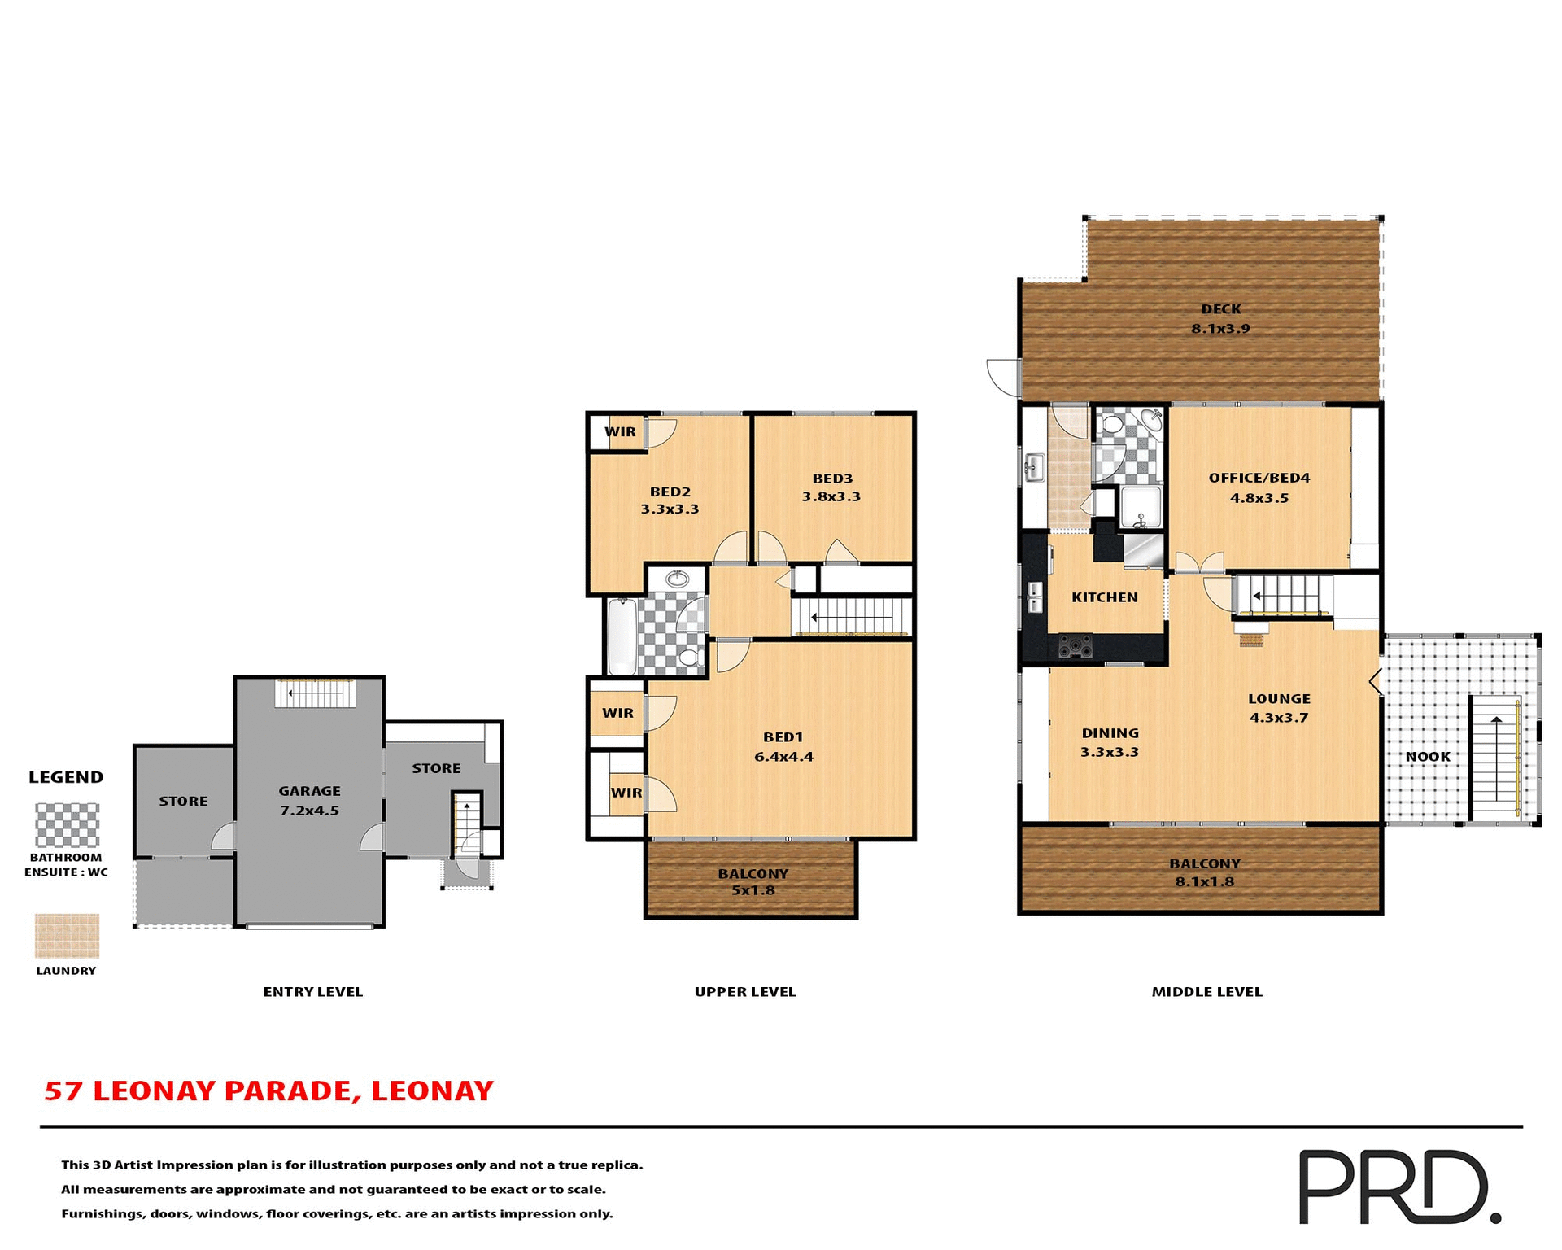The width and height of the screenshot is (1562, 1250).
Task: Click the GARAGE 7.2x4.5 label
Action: [309, 800]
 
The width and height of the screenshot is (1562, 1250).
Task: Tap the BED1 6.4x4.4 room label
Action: [783, 746]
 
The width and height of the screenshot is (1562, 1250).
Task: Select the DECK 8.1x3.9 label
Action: [1220, 318]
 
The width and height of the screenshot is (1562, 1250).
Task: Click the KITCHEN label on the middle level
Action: [1104, 597]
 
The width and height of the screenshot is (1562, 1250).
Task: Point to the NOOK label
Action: [1428, 757]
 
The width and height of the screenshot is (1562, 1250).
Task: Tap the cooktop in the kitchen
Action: [1075, 647]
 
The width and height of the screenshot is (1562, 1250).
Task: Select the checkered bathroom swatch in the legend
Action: [67, 825]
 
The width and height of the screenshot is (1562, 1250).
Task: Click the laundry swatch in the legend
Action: [67, 935]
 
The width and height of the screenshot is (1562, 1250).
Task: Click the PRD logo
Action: [1398, 1186]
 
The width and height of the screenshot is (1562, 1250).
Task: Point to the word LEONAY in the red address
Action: [432, 1090]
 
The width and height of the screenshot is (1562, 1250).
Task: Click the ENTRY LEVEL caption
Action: [312, 991]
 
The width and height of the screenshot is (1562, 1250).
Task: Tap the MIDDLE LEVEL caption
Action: [1206, 991]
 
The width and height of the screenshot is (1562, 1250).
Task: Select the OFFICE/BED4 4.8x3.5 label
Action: [1259, 487]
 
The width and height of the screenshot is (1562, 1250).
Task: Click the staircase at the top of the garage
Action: [315, 693]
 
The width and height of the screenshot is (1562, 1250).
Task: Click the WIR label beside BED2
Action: [620, 432]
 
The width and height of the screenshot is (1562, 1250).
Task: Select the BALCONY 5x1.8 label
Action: [753, 881]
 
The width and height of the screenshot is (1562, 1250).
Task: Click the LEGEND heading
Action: [66, 777]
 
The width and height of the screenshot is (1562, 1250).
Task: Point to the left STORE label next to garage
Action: [183, 801]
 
